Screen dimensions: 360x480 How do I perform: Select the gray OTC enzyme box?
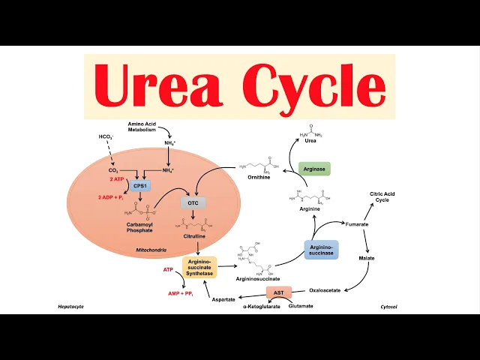[193, 202]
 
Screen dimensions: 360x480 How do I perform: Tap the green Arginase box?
[314, 169]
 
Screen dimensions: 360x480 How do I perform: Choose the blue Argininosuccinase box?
[321, 250]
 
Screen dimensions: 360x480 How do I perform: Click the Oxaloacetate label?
[326, 290]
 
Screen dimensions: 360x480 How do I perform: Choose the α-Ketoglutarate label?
[257, 307]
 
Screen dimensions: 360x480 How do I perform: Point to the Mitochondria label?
[151, 250]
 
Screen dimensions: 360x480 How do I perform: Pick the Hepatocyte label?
[72, 307]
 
